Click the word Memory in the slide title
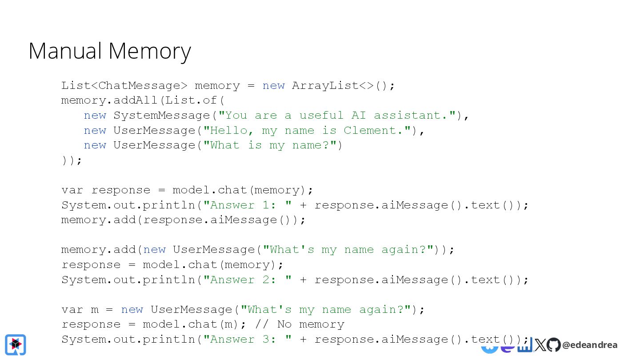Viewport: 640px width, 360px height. click(150, 52)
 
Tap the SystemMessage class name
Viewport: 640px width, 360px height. click(161, 115)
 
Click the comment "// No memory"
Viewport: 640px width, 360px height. click(300, 324)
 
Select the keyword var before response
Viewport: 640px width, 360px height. click(72, 190)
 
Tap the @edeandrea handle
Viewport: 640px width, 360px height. click(589, 345)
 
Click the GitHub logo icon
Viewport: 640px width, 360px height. click(553, 345)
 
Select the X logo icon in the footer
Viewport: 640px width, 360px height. click(540, 345)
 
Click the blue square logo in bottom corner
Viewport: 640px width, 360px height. click(16, 344)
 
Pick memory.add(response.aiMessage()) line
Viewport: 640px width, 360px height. click(183, 220)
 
